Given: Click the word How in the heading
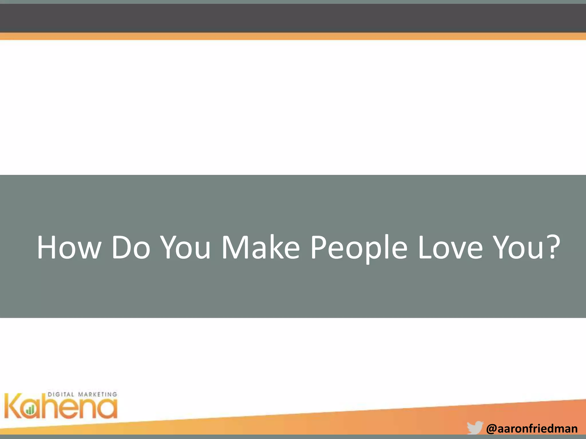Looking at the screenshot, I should point(69,248).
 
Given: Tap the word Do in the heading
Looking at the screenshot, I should point(131,248).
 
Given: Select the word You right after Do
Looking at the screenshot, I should point(185,248).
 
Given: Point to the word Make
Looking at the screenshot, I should point(261,248).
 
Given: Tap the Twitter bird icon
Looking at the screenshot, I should point(475,428).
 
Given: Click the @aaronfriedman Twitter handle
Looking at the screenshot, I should point(532,429).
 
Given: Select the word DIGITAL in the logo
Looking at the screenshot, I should point(61,394).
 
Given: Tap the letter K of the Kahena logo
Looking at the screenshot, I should point(13,406).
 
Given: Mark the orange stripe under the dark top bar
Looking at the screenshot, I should point(293,36).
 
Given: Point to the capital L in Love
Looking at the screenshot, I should point(424,248).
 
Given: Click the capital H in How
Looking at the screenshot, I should point(47,248).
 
